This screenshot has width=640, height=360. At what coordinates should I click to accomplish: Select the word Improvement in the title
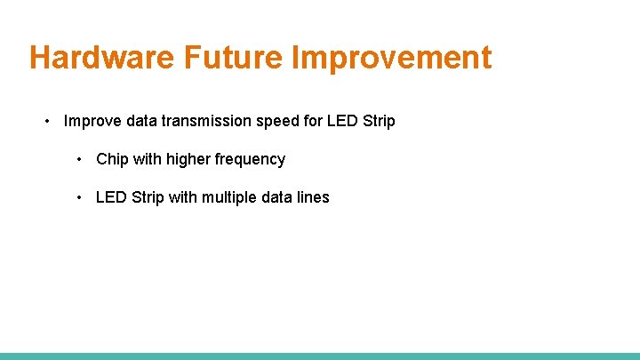coord(391,58)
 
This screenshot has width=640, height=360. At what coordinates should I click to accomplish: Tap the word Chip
coord(112,159)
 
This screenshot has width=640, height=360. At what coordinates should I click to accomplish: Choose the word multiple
coord(233,197)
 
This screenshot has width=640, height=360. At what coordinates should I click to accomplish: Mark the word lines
coord(312,197)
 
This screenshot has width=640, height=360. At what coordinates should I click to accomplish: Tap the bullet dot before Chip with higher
coord(80,160)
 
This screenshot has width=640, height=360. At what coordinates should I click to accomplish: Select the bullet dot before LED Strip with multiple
coord(80,197)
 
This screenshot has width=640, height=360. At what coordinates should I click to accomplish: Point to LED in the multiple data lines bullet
coord(111,197)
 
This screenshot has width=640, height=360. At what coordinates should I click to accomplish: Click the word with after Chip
coord(148,159)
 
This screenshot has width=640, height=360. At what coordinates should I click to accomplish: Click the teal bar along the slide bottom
coord(320,356)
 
